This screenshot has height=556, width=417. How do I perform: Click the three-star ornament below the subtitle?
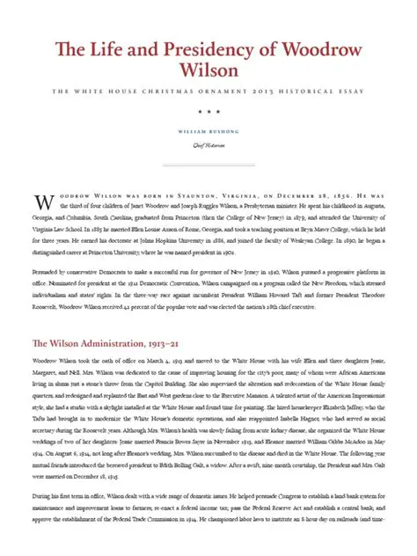coord(208,113)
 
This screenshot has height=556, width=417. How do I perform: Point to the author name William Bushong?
coord(208,133)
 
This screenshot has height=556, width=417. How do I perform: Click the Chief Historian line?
coord(208,146)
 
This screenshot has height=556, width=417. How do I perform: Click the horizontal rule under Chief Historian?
coord(208,165)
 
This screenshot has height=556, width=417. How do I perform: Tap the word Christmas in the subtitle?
coord(171,91)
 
